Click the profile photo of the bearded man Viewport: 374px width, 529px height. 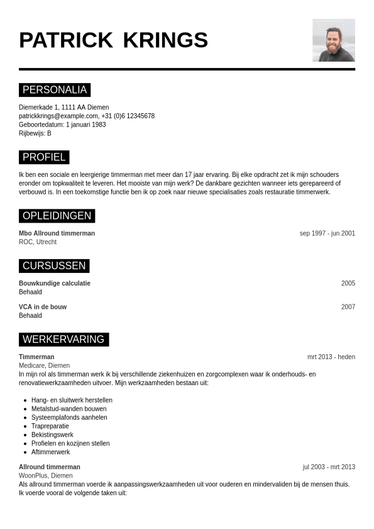[x=333, y=40]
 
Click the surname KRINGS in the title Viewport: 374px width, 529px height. [x=165, y=40]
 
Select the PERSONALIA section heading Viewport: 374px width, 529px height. [x=55, y=90]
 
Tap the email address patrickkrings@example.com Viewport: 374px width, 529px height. [x=58, y=116]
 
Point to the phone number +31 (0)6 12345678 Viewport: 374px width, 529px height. [x=128, y=116]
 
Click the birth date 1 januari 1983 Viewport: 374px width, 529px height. [x=85, y=125]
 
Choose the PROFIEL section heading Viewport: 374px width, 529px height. [x=44, y=157]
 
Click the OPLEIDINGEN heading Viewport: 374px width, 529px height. [x=57, y=216]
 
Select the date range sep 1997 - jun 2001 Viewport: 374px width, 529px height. [x=327, y=233]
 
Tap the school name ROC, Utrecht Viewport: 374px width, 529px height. [x=38, y=242]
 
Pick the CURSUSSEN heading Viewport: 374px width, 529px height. [x=54, y=265]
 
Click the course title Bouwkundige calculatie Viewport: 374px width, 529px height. [x=55, y=283]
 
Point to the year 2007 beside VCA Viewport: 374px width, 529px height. [x=348, y=307]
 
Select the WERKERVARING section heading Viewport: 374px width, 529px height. [x=63, y=339]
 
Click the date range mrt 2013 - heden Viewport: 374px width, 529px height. [x=331, y=357]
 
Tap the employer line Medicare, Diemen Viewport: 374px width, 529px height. [x=44, y=365]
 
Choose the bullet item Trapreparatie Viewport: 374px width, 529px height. [x=50, y=426]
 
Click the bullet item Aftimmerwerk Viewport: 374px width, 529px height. [x=50, y=452]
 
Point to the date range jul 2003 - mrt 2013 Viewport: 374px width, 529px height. [x=328, y=467]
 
